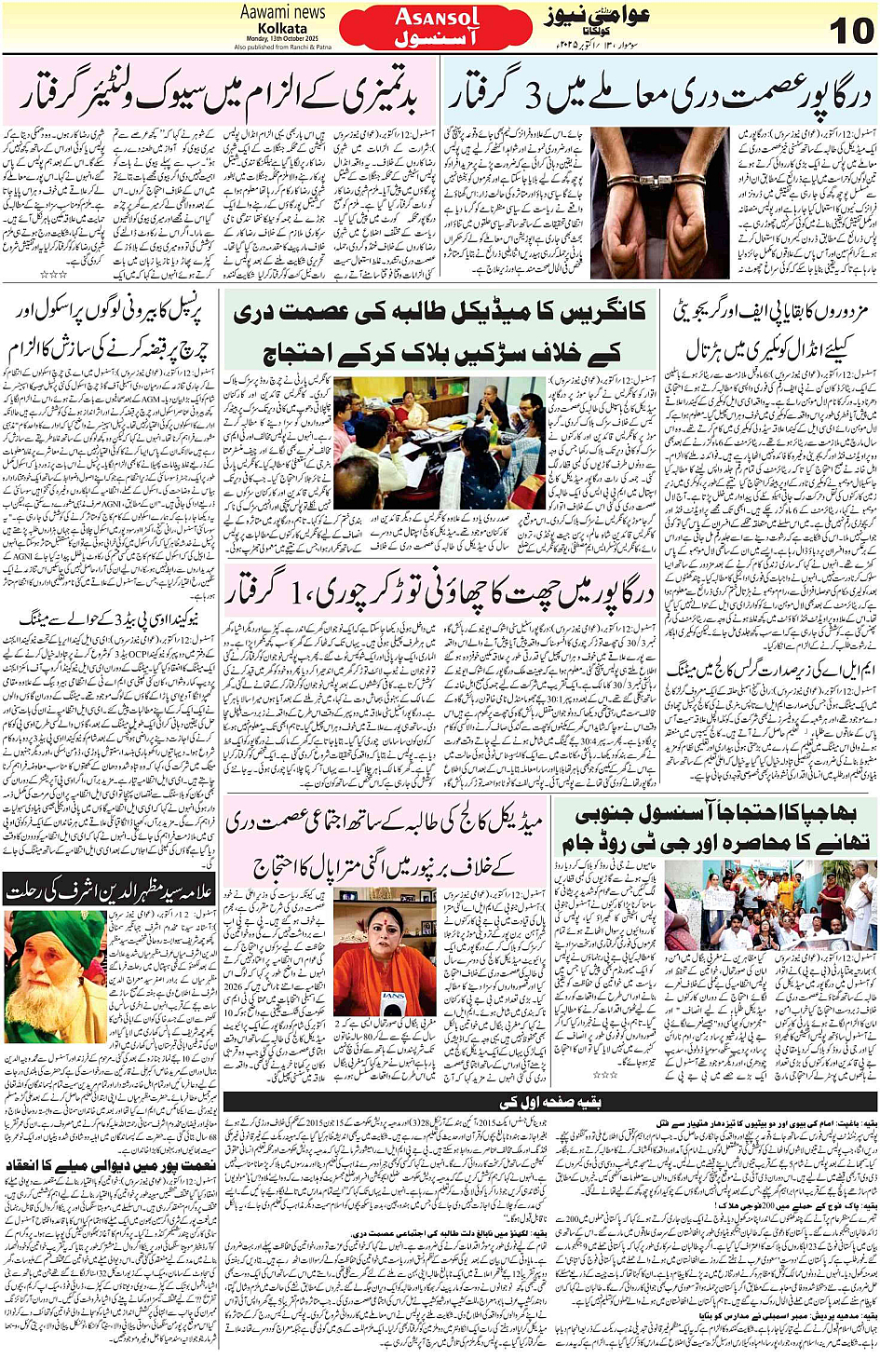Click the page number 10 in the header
pyautogui.click(x=849, y=30)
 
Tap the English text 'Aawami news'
pyautogui.click(x=282, y=12)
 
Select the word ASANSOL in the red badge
pyautogui.click(x=437, y=16)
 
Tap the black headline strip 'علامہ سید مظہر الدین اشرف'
pyautogui.click(x=110, y=891)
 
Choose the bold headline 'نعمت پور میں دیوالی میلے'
pyautogui.click(x=110, y=1165)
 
